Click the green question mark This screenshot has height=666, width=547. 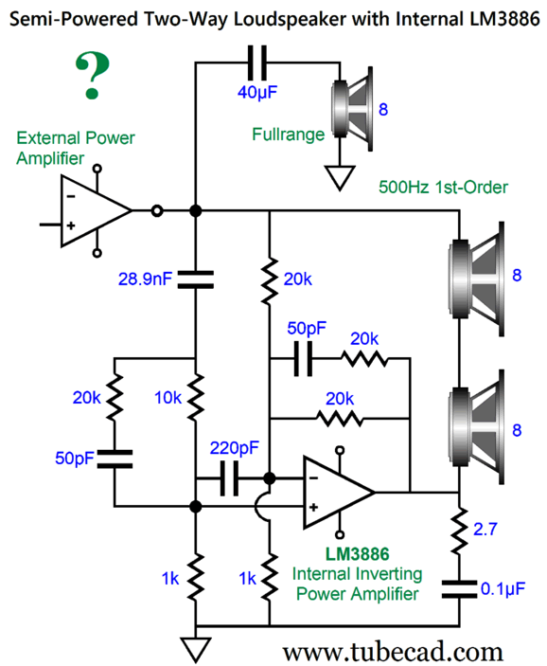(93, 75)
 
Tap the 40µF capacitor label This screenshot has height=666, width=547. (257, 92)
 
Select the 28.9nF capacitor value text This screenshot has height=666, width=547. (145, 279)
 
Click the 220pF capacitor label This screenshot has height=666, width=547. (235, 448)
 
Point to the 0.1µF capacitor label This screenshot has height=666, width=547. (503, 589)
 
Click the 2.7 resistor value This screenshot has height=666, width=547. (485, 530)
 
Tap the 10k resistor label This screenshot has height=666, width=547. (168, 398)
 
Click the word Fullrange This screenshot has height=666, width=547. (288, 135)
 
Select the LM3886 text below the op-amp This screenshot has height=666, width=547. (357, 554)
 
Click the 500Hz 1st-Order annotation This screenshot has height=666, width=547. (443, 188)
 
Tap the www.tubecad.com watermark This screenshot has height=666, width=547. (393, 652)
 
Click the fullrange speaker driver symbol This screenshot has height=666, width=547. (352, 109)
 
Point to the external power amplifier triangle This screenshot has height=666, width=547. (97, 210)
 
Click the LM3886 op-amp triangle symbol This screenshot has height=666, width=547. (339, 493)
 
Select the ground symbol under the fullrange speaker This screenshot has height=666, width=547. (340, 178)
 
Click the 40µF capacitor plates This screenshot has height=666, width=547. (257, 63)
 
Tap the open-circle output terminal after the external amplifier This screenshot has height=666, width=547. (157, 210)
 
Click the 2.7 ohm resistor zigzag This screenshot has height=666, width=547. (459, 531)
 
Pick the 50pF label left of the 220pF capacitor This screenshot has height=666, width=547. (75, 459)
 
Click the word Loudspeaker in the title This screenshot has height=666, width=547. (291, 20)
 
